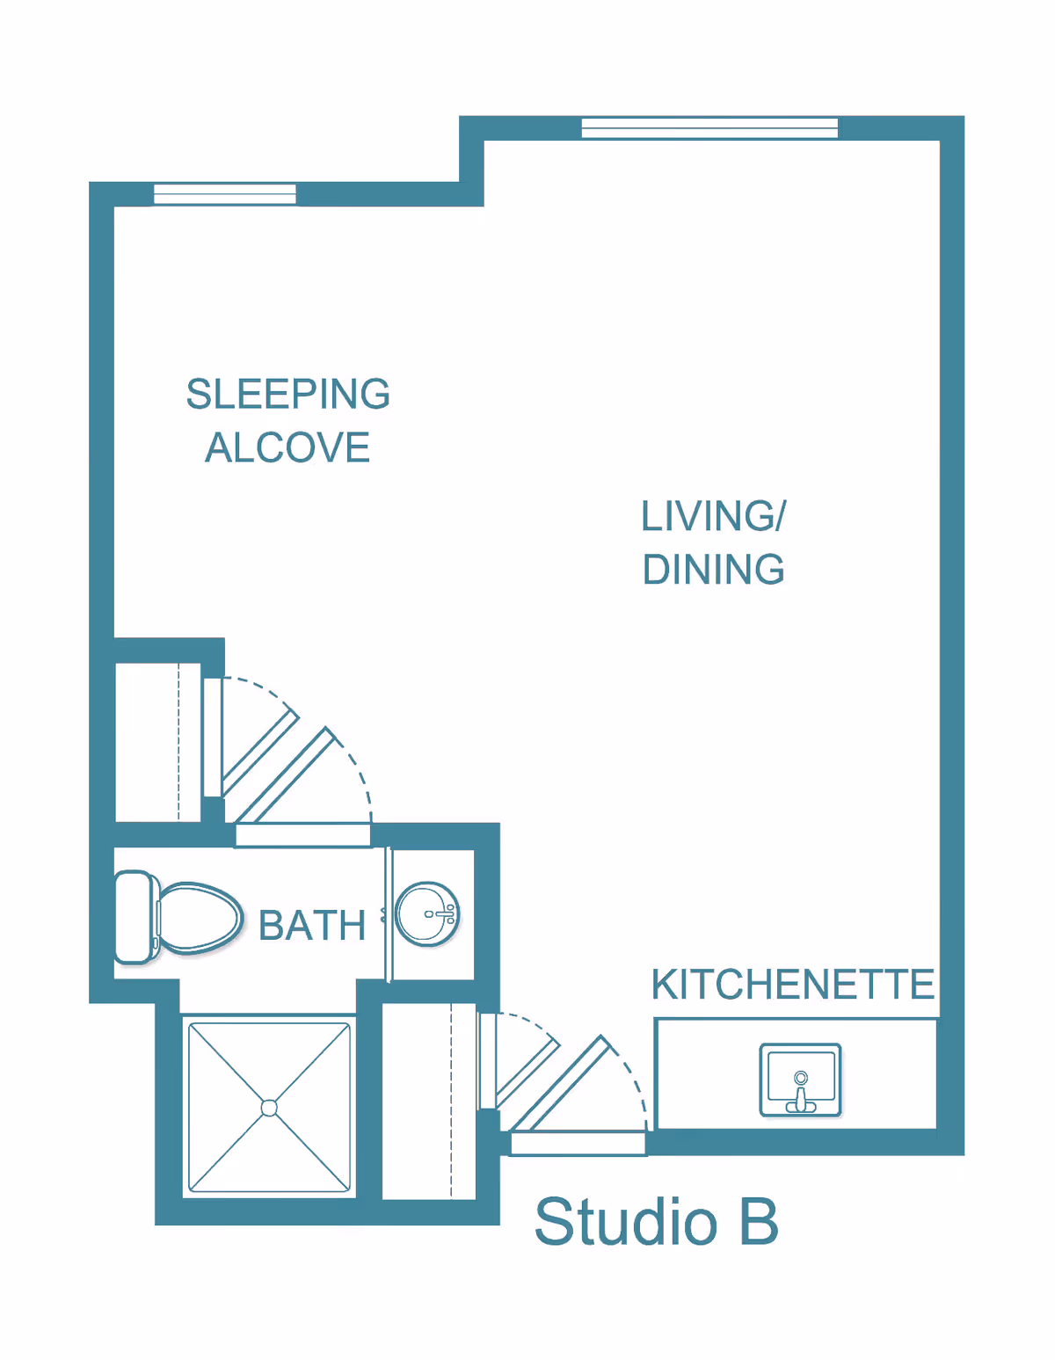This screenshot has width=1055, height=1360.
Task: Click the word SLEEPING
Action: coord(287,394)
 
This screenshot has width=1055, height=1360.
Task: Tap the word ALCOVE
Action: coord(287,447)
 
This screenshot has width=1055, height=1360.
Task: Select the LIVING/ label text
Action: coord(713,516)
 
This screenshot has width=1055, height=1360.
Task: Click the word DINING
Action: coord(713,570)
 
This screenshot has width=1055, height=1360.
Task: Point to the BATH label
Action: coord(312,926)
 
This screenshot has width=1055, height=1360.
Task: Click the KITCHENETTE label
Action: coord(792,985)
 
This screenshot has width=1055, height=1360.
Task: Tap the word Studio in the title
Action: coord(626,1222)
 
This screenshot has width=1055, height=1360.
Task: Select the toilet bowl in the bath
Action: coord(200,918)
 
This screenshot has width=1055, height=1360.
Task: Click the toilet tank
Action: coord(133,917)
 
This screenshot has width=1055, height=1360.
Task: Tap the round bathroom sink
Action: coord(427,914)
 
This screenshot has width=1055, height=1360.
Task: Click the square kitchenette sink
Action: coord(800,1080)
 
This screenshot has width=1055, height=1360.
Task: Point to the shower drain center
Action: coord(269,1108)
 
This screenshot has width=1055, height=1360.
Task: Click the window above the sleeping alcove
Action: coord(225,194)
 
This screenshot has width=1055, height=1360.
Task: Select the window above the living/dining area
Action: coord(709,128)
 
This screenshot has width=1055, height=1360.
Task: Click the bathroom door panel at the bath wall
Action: coord(302,835)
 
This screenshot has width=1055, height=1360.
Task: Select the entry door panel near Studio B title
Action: coord(578,1144)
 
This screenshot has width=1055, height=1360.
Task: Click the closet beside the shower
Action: coord(429,1101)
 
